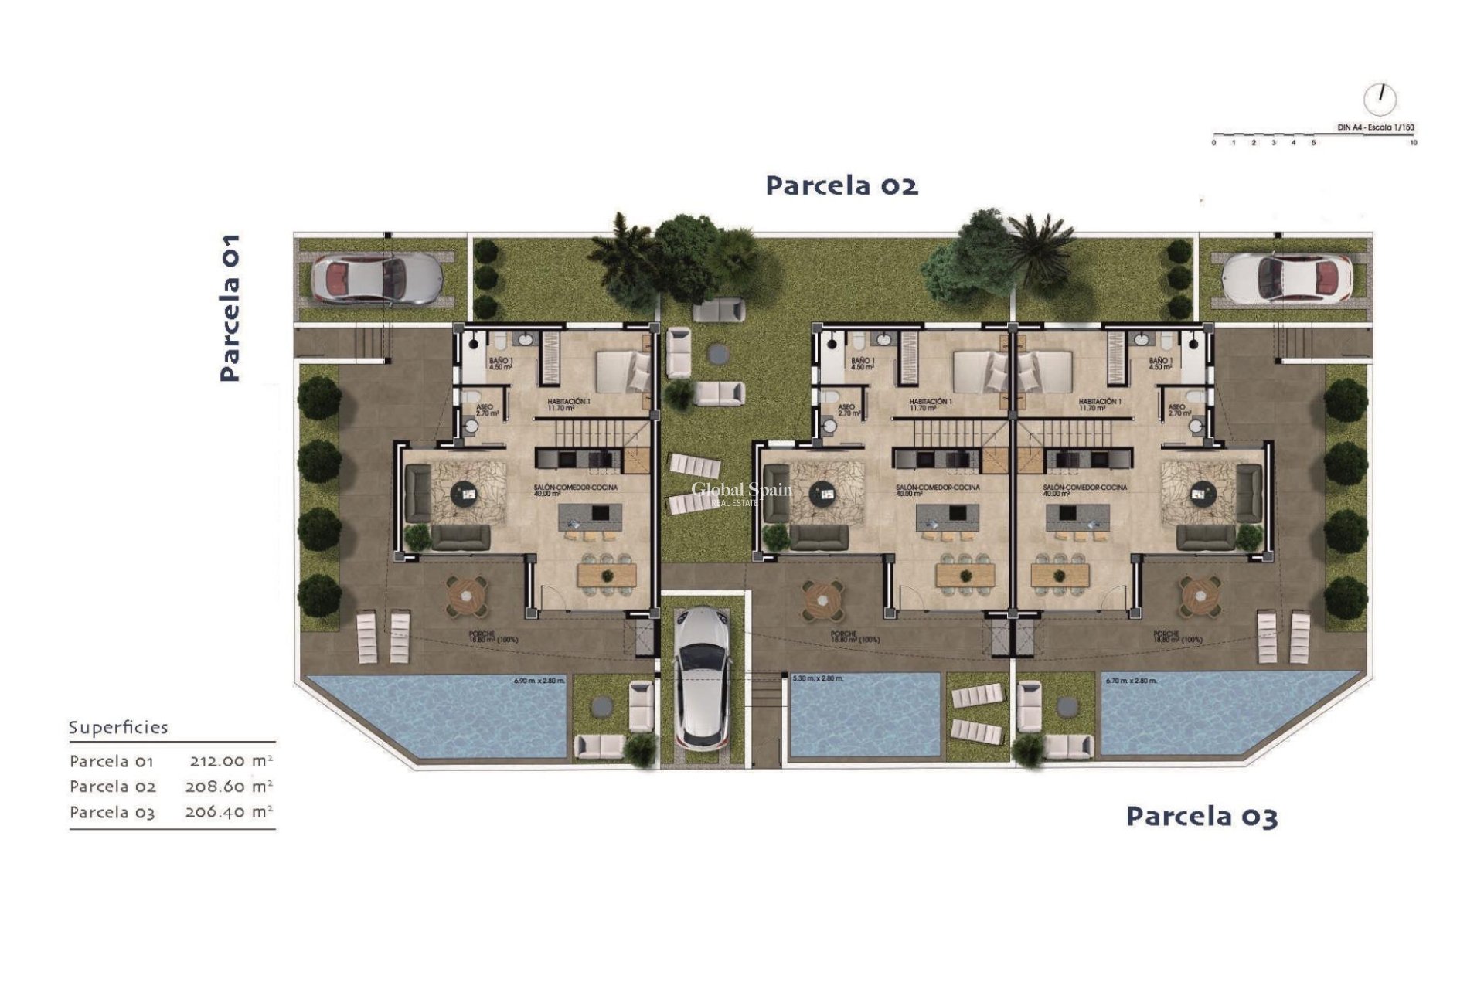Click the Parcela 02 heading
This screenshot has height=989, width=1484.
842,186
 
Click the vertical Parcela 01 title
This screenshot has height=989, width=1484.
230,308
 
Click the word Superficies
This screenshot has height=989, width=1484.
118,727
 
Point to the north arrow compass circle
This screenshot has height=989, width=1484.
1380,98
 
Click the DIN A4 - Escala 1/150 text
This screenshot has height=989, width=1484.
1376,127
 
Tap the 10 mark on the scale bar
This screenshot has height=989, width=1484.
1413,143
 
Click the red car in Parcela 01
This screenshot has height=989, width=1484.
377,278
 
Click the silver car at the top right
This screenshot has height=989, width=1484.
1288,278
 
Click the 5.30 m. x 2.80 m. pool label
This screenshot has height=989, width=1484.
818,678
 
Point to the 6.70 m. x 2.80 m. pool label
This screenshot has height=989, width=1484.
1131,681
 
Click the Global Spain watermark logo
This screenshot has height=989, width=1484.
740,492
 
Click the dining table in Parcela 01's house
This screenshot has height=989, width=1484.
607,574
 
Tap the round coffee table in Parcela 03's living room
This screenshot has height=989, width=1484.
1201,491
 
